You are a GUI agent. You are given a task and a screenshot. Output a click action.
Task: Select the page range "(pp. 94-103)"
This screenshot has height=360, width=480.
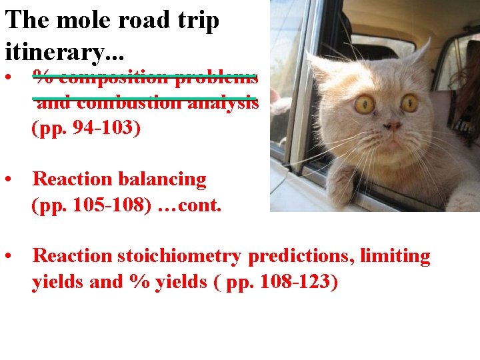tap(86, 128)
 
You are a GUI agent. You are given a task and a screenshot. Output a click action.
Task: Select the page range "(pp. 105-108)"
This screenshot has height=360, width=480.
tap(91, 205)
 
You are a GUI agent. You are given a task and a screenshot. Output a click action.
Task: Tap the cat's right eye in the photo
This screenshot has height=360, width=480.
tap(409, 103)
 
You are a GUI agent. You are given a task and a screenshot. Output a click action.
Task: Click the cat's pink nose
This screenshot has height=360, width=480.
tap(393, 125)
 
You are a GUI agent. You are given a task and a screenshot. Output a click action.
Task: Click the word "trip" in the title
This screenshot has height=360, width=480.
tap(197, 21)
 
